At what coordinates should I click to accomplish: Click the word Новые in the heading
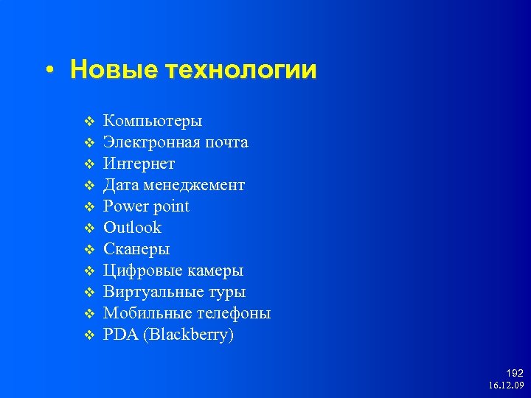pos(114,71)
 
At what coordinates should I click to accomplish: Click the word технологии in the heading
pos(241,71)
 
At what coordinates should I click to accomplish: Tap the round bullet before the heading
pos(49,71)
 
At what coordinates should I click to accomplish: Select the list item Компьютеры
pos(153,121)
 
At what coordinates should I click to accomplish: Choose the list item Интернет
pos(139,164)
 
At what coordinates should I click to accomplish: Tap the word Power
pos(125,206)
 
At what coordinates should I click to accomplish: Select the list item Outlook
pos(132,228)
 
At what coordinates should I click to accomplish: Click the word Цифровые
pos(141,270)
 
